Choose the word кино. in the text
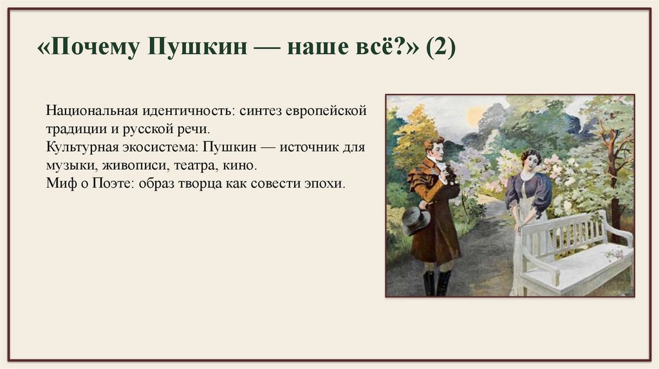241,165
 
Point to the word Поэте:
118,183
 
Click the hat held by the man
415,219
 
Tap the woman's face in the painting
530,161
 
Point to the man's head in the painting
434,150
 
